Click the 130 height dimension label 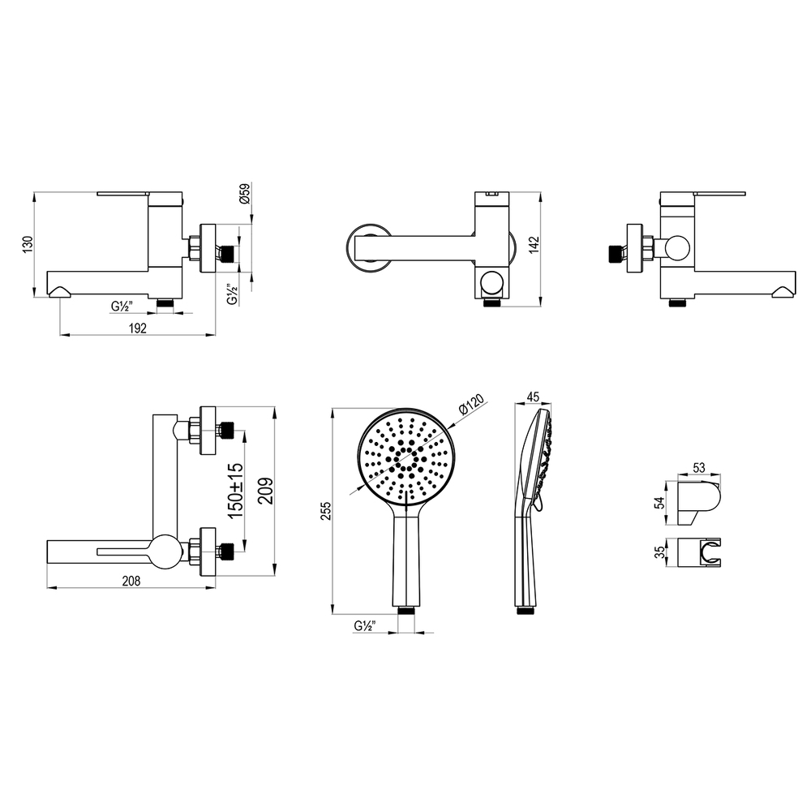(28, 244)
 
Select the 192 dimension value (138, 328)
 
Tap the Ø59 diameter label (245, 193)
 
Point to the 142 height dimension (534, 245)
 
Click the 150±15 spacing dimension (235, 491)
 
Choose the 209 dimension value (265, 491)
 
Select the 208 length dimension (131, 581)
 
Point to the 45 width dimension (532, 397)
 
